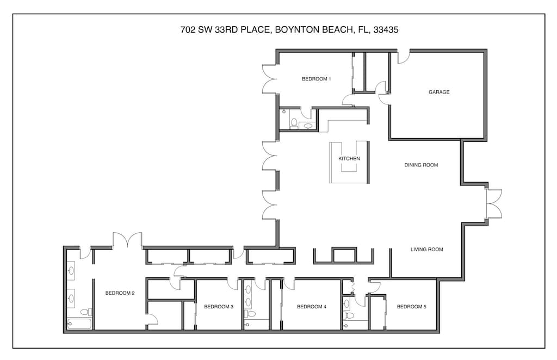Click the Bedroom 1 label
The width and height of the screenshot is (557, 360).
click(x=316, y=79)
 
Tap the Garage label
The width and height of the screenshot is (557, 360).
click(x=439, y=92)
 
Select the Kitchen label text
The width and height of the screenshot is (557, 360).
click(x=349, y=159)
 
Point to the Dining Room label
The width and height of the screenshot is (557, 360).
click(x=421, y=165)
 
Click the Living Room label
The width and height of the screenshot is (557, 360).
click(x=426, y=250)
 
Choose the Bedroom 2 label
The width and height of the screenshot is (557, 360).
click(x=120, y=293)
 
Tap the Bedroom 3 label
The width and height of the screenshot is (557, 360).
click(x=219, y=307)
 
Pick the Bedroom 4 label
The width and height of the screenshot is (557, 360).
click(x=312, y=307)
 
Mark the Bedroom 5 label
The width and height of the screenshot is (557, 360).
click(x=411, y=307)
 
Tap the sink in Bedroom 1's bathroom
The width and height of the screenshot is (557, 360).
click(x=308, y=126)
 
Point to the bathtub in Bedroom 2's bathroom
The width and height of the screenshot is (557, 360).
click(x=79, y=324)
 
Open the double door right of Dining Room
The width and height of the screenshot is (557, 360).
click(x=494, y=203)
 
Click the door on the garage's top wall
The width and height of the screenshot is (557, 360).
click(x=403, y=57)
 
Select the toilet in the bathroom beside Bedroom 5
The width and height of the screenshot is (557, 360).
click(x=349, y=315)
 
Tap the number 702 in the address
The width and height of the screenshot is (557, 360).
click(x=188, y=30)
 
